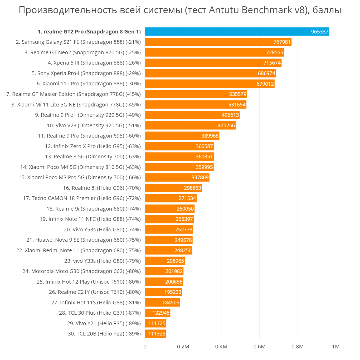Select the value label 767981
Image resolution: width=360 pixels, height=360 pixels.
tap(282, 42)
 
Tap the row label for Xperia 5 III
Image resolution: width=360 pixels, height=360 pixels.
tap(94, 63)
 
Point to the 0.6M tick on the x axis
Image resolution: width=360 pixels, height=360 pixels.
tap(259, 347)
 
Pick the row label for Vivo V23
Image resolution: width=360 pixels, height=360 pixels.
tap(94, 125)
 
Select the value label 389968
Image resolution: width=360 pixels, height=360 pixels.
tap(210, 136)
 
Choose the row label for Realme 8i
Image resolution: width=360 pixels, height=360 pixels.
tap(102, 188)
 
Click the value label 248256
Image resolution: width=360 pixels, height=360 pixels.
tap(183, 250)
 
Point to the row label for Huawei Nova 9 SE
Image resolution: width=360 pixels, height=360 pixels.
tap(84, 240)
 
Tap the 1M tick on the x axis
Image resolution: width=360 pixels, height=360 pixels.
tap(336, 347)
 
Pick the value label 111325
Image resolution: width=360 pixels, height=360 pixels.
tap(157, 334)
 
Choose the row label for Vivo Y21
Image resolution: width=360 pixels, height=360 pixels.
tap(104, 323)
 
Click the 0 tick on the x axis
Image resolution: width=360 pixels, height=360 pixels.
tap(145, 347)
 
